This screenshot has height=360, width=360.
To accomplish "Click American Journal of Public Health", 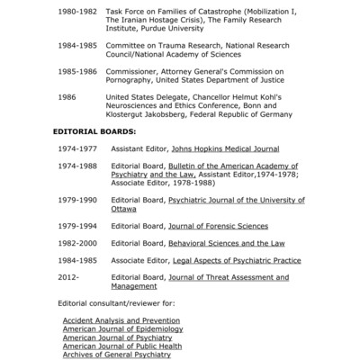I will pyautogui.click(x=122, y=346).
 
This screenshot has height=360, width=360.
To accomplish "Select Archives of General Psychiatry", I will pyautogui.click(x=116, y=355).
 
